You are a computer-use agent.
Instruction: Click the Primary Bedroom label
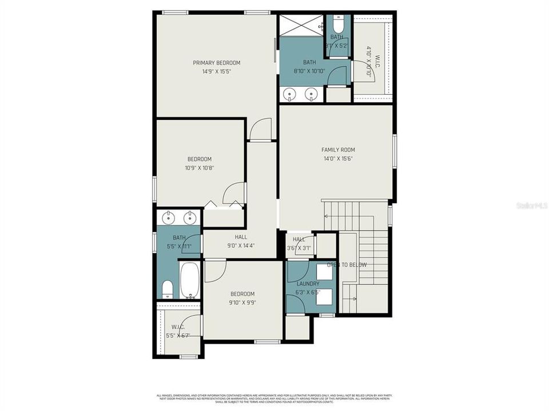coord(216,63)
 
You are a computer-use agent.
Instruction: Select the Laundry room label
coord(308,284)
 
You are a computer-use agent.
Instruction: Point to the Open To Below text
coord(347,265)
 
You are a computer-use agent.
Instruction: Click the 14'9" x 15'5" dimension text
coord(216,72)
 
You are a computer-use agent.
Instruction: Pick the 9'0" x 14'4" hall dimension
coord(240,246)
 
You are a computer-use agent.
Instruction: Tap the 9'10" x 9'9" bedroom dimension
coord(242,303)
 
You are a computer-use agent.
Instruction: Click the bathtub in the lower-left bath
coord(189,279)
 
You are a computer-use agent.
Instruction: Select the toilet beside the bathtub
coord(168,289)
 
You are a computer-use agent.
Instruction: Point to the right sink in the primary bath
coord(312,94)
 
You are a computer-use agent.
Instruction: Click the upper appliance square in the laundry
coord(324,272)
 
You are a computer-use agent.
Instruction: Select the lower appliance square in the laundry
coord(324,296)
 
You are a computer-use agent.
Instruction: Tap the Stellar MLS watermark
coord(531,204)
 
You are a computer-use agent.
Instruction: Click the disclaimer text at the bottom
coord(274,397)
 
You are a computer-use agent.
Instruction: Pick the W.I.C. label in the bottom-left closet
coord(178,327)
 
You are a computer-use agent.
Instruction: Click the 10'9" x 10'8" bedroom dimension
coord(200,168)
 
